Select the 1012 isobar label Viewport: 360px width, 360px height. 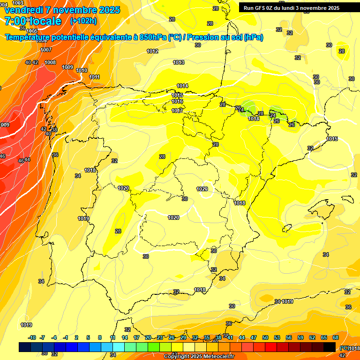(152, 52)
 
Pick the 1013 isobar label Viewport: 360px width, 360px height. (179, 62)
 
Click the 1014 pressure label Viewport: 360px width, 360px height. (182, 86)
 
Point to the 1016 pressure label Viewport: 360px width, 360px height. (177, 101)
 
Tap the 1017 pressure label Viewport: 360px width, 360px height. (177, 111)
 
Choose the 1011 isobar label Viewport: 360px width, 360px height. (95, 77)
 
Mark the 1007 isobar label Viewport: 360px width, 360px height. (46, 50)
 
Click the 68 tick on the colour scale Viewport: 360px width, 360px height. (336, 337)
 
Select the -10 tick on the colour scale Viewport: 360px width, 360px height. (32, 337)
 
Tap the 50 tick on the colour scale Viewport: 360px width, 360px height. (265, 337)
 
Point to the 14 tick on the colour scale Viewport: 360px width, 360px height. (125, 337)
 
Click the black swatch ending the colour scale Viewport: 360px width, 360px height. (330, 347)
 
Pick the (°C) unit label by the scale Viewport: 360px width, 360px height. (345, 348)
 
